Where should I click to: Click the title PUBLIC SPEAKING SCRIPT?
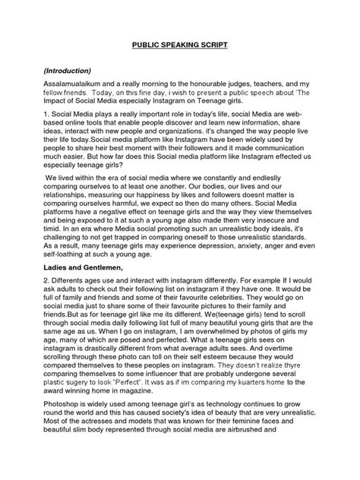tap(180, 46)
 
